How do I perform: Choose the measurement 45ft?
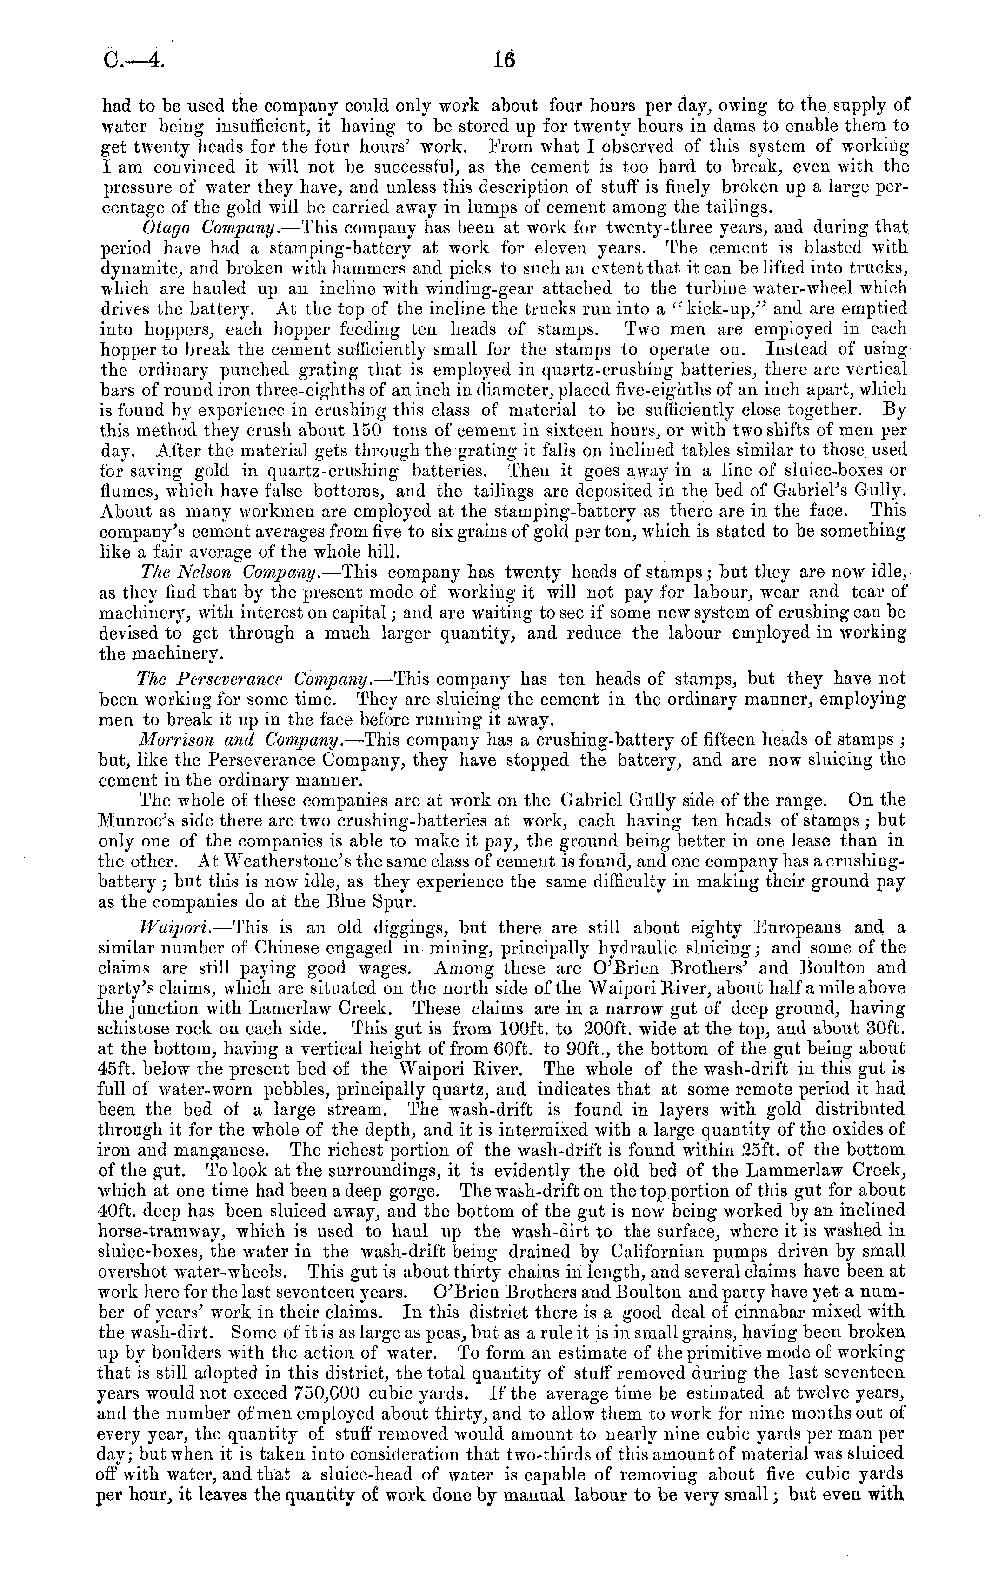[x=120, y=1070]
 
